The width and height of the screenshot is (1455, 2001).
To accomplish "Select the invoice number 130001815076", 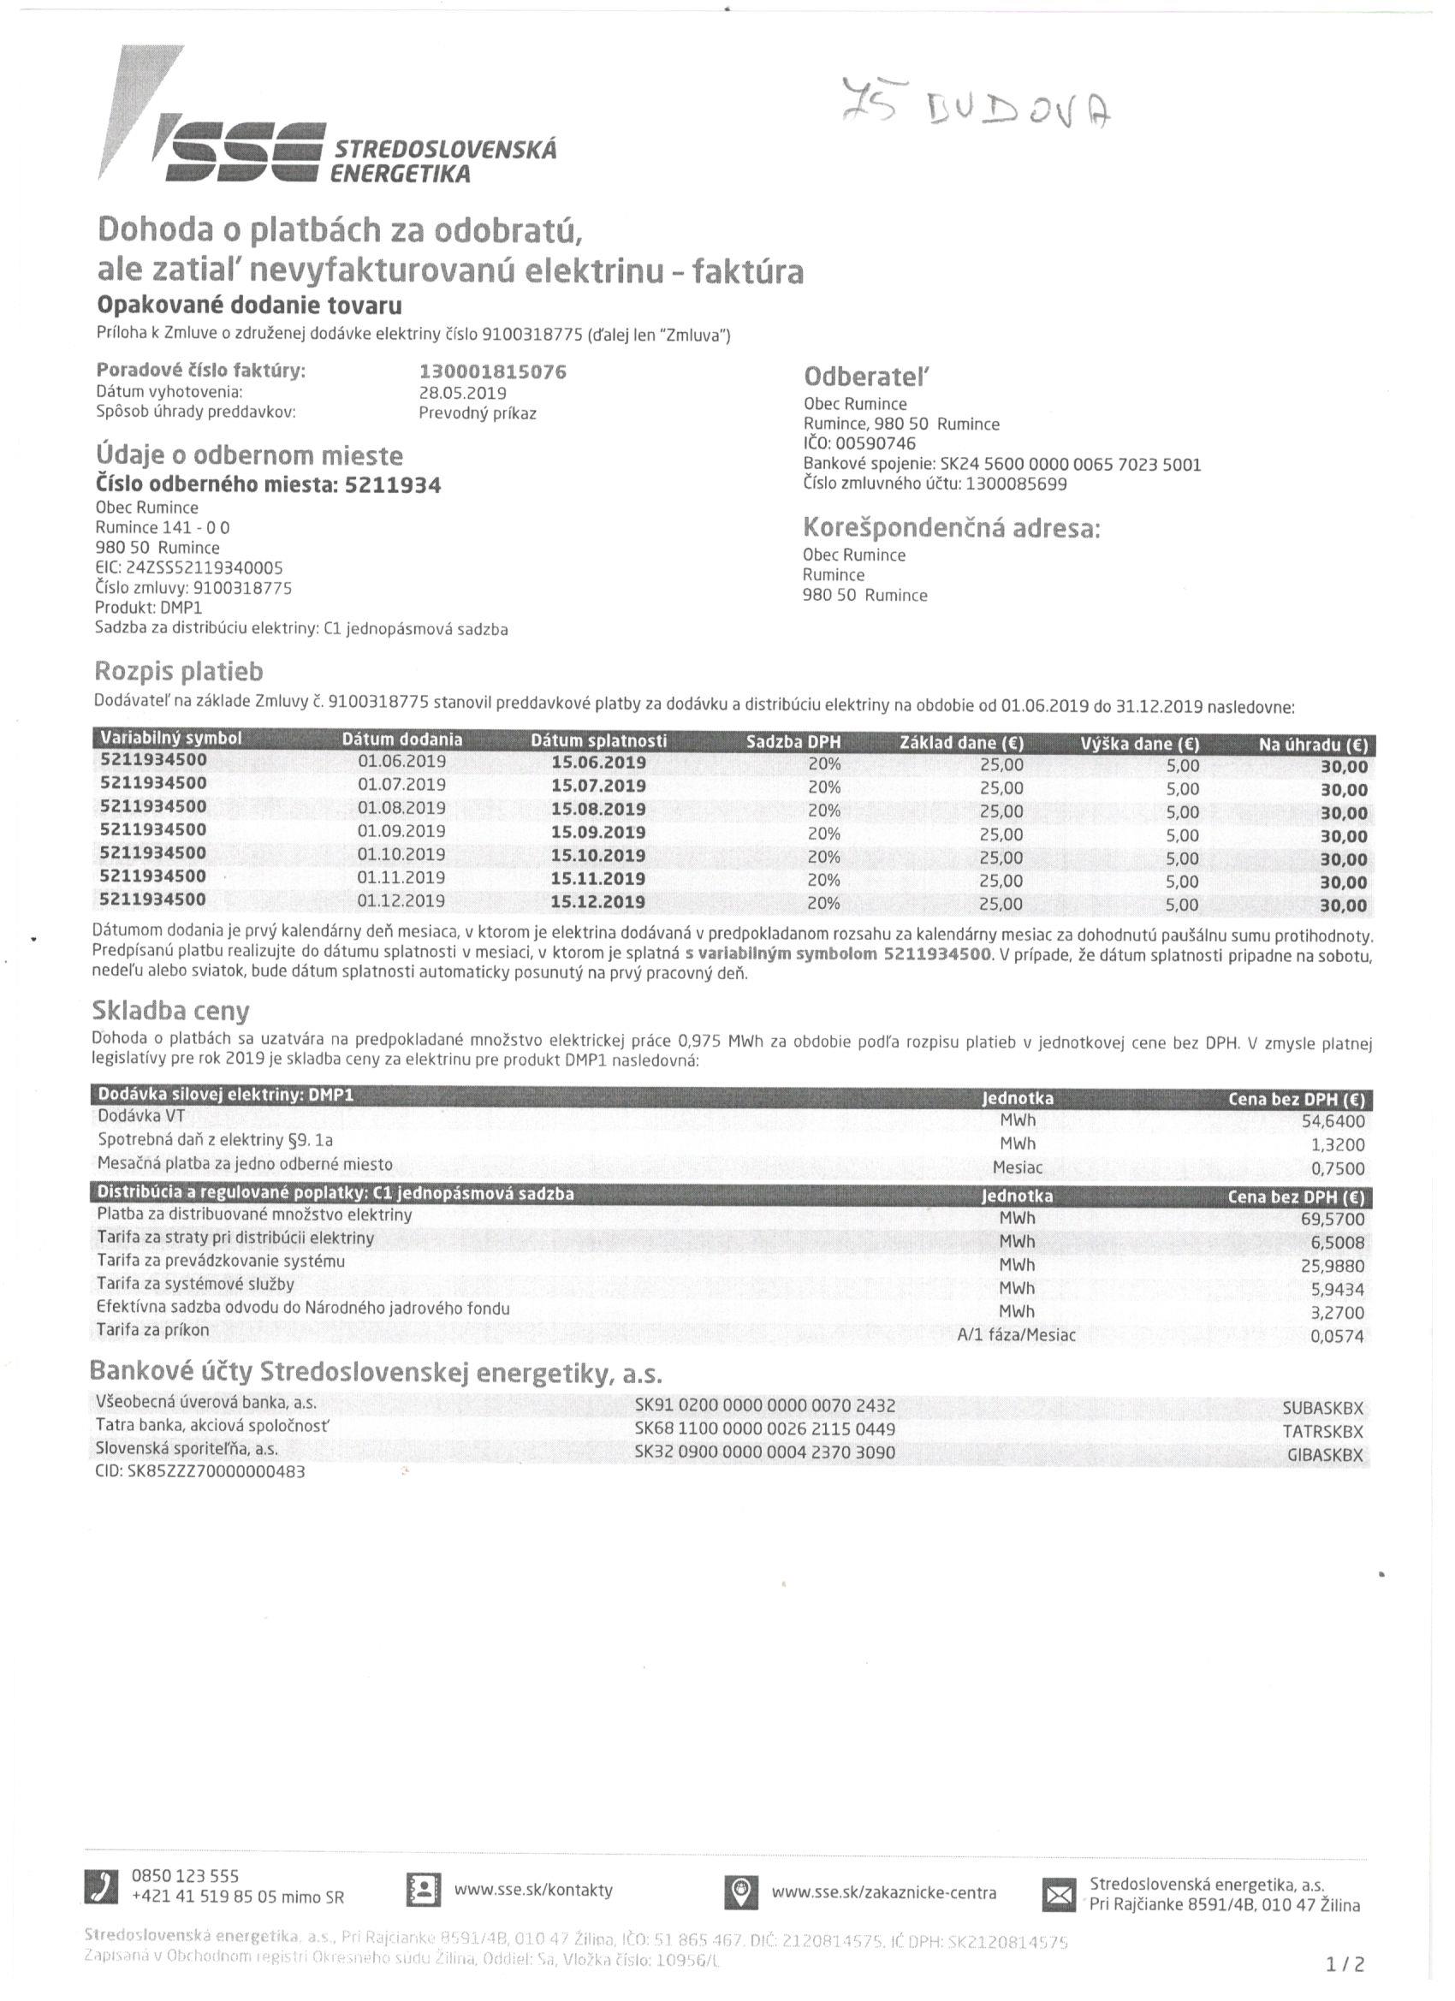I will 492,371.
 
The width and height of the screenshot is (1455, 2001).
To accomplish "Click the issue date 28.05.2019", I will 462,393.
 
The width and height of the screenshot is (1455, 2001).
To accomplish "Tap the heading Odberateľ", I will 866,377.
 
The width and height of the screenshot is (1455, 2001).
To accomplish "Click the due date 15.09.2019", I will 598,832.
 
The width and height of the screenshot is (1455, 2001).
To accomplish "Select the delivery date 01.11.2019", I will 401,878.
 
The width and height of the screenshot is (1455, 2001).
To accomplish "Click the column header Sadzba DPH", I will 793,741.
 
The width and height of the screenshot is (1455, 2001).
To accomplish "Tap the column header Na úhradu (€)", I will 1312,745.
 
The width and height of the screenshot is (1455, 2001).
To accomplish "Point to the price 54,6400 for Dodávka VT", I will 1333,1121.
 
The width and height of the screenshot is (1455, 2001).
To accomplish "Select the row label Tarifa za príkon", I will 153,1330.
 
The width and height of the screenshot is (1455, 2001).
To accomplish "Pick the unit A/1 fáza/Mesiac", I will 1017,1335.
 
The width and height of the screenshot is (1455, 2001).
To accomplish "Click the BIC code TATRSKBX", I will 1322,1431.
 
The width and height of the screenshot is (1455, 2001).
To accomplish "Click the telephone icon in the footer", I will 101,1888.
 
